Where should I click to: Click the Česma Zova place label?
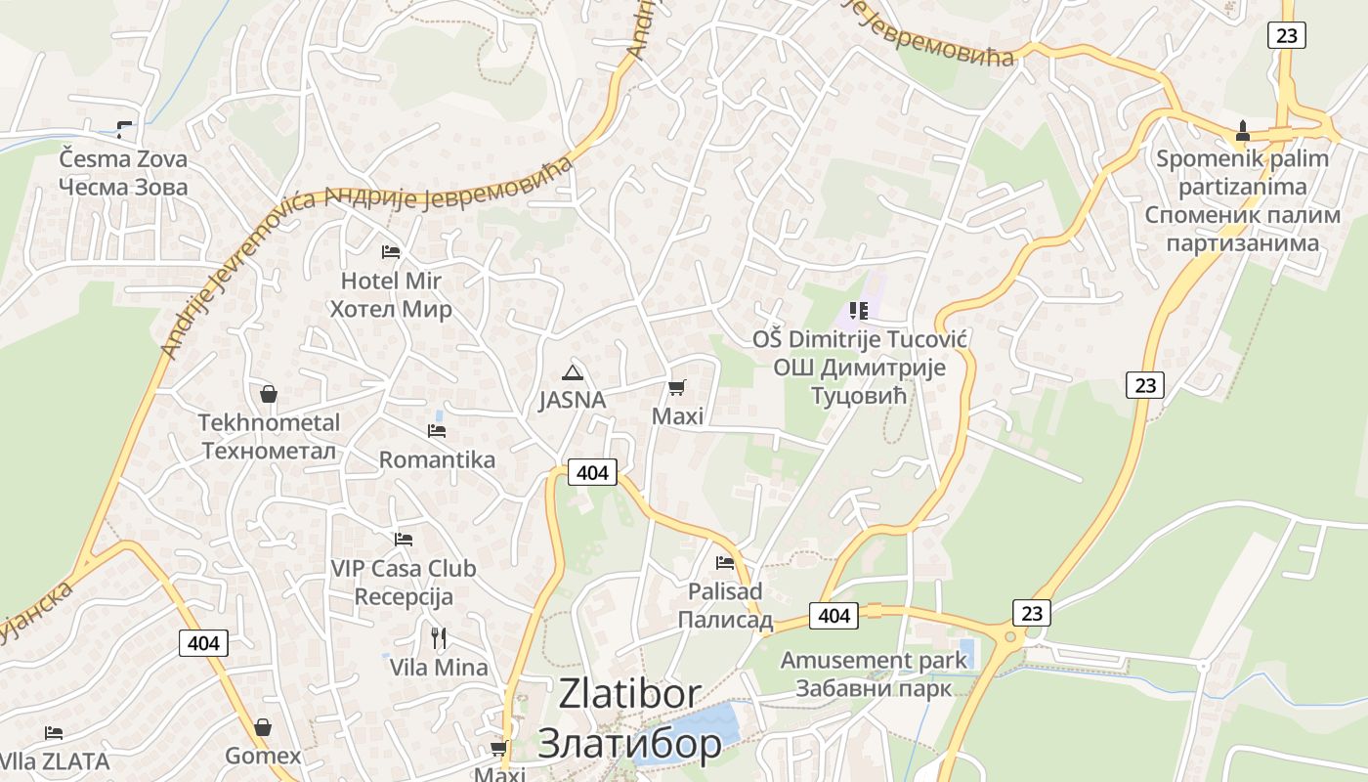pos(123,172)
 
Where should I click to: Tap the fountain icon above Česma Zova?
pos(124,128)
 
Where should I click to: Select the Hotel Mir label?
pos(391,294)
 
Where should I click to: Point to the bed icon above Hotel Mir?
pos(391,252)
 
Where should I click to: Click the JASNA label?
pos(573,400)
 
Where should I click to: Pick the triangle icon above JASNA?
pos(573,371)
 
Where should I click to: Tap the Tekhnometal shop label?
pos(269,436)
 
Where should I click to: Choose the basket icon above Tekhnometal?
pos(269,394)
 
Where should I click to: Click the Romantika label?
pos(437,459)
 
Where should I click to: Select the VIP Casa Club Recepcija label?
pos(404,582)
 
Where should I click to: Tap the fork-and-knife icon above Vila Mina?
pos(439,638)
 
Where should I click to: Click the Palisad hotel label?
pos(725,605)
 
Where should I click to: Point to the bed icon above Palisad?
pos(725,563)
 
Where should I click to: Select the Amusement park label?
pos(874,673)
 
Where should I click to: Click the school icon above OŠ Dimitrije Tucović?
pos(859,311)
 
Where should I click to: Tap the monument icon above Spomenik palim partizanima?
pos(1243,129)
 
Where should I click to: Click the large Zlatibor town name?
pos(630,718)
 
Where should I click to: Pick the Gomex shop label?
pos(263,756)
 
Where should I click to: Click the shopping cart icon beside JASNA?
pos(676,387)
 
